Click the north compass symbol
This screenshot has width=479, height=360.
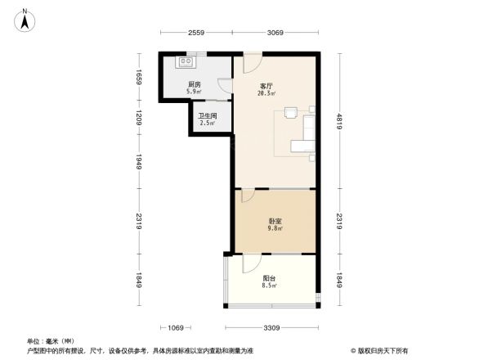[x=25, y=18]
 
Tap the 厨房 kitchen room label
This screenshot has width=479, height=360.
[x=195, y=85]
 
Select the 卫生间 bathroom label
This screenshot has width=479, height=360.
[x=207, y=116]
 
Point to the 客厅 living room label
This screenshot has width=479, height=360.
[x=266, y=85]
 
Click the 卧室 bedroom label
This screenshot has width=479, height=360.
[x=275, y=220]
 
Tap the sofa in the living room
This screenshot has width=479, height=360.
[x=309, y=132]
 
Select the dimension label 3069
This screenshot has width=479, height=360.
[x=275, y=32]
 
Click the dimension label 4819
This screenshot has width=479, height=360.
[x=338, y=123]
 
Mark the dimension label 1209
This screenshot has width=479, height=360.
[x=140, y=118]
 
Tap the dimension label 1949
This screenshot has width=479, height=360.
[x=140, y=162]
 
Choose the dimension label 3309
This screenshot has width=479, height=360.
[x=272, y=328]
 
